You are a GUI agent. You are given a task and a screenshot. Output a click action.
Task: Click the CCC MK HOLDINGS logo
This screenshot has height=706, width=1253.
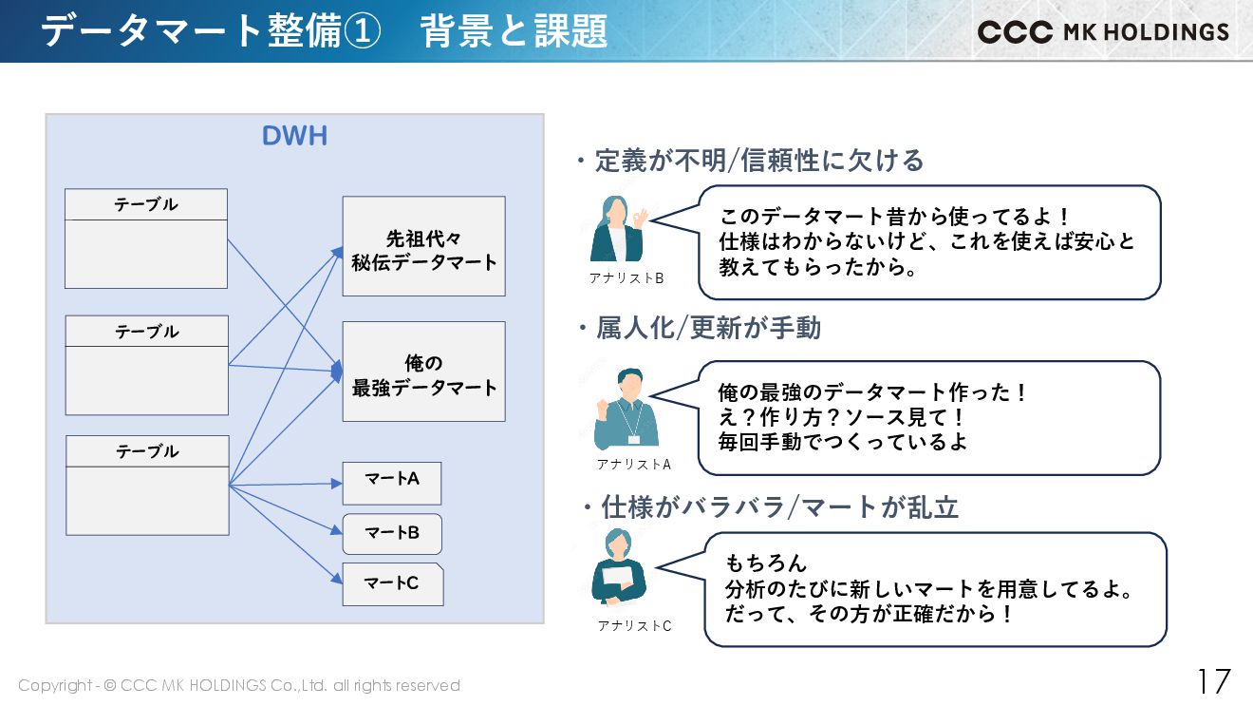coord(1103,31)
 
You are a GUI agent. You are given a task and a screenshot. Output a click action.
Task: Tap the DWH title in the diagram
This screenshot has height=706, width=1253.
coord(294,136)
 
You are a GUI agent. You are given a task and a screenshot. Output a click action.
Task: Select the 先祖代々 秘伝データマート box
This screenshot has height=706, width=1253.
coord(423,246)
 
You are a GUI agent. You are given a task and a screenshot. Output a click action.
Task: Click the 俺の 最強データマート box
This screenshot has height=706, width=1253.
coord(423,372)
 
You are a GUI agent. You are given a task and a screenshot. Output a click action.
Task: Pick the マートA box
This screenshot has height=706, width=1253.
coord(392,483)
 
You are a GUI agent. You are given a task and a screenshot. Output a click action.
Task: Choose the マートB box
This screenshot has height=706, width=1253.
coord(392,534)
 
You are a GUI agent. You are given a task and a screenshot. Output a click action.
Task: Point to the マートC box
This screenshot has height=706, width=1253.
coord(392,584)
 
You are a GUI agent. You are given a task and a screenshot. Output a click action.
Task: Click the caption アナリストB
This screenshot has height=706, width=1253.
coord(626,277)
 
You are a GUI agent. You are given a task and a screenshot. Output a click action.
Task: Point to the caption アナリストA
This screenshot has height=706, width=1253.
coord(633,464)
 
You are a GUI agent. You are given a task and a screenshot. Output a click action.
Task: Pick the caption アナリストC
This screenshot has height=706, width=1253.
coord(634,625)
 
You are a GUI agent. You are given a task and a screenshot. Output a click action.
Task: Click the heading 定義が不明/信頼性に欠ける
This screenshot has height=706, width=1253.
coord(758,161)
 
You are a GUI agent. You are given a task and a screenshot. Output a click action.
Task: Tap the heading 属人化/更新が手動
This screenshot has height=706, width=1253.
coord(708,328)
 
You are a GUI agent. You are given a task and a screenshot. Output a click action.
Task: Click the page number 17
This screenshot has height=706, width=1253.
coord(1212,681)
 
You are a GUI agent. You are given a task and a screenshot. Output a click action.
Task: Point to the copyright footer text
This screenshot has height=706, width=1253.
coord(239,685)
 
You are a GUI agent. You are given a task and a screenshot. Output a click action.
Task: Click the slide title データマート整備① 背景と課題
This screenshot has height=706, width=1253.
coord(324,31)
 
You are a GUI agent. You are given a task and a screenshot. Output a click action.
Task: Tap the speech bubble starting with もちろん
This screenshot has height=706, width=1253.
coord(935,589)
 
